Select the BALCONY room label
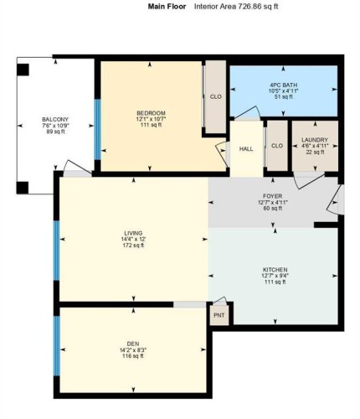click(55, 120)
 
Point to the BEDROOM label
click(152, 113)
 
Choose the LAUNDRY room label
click(315, 140)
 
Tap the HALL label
click(245, 148)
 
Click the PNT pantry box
click(219, 315)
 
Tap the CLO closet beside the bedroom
click(215, 96)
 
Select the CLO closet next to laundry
click(276, 144)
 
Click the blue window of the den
click(57, 345)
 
